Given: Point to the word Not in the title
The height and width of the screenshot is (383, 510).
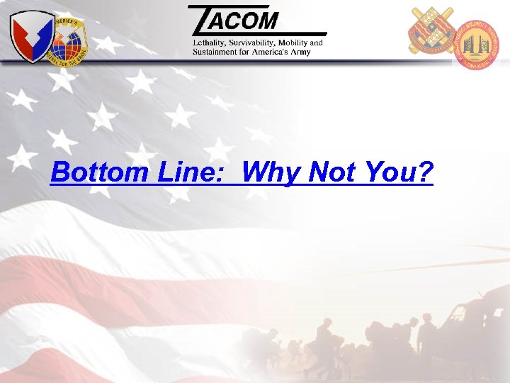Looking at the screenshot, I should point(331,172).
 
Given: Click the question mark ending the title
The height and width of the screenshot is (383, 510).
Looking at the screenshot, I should point(424,172).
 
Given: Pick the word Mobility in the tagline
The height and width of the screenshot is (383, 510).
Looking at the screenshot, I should point(295,43).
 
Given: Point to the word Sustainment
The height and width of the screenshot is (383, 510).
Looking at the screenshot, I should point(215,52).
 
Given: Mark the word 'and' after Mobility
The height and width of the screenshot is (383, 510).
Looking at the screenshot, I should point(316,43).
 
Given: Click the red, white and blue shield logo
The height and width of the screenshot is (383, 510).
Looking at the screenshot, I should point(31,35).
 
